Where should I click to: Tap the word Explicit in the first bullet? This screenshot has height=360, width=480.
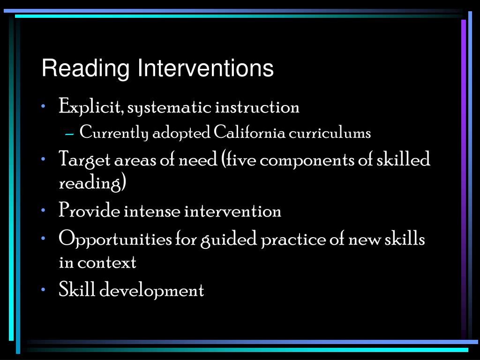91,107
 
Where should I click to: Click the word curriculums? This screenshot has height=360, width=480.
330,133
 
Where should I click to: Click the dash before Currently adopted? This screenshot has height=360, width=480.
70,134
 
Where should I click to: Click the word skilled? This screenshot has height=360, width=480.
404,160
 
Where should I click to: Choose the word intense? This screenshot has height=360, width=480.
152,211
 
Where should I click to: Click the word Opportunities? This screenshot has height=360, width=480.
115,240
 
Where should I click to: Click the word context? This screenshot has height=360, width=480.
107,262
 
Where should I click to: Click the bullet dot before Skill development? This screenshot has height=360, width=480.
43,290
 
